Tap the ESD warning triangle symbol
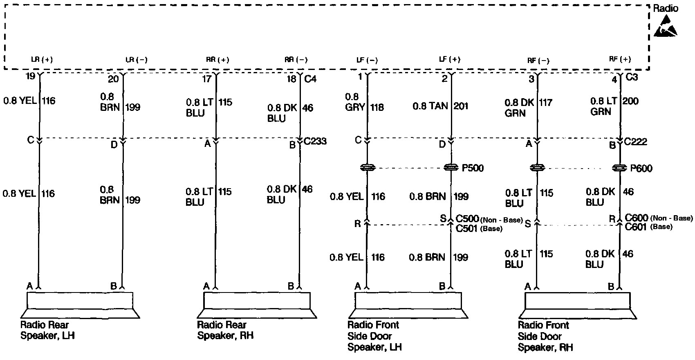tap(665, 27)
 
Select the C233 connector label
tap(315, 142)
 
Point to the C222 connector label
tap(636, 142)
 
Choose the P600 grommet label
tap(641, 168)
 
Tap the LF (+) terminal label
tap(449, 59)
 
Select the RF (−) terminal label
tap(538, 61)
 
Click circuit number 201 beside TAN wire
tap(461, 106)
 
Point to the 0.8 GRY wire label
tap(352, 102)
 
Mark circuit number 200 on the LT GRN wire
tap(630, 101)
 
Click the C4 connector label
tap(311, 79)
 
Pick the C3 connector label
tap(632, 77)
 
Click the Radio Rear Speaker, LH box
tap(80, 301)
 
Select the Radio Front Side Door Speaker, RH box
tap(577, 301)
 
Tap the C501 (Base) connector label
tap(479, 228)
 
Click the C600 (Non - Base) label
tap(659, 218)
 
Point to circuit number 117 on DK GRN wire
tap(546, 102)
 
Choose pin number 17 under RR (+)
tap(206, 78)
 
